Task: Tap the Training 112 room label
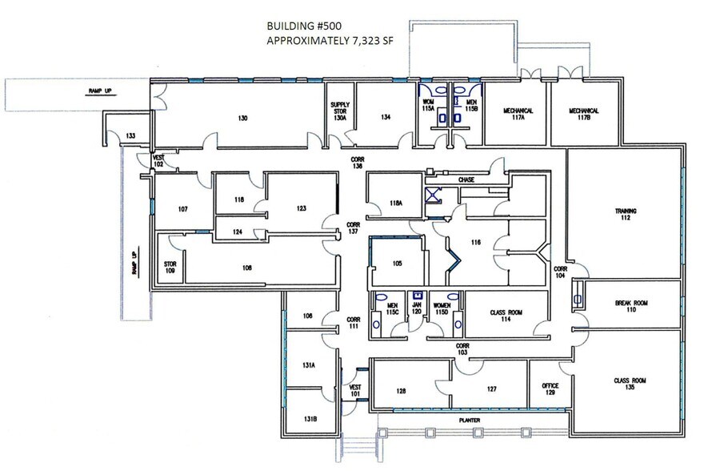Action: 625,215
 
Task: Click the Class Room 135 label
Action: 630,384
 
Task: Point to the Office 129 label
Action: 550,389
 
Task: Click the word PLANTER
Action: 458,418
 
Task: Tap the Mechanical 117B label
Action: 584,115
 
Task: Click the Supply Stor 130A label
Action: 339,111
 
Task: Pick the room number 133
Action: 130,136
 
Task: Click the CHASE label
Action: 466,180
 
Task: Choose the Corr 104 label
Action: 561,272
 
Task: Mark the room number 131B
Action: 309,418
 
